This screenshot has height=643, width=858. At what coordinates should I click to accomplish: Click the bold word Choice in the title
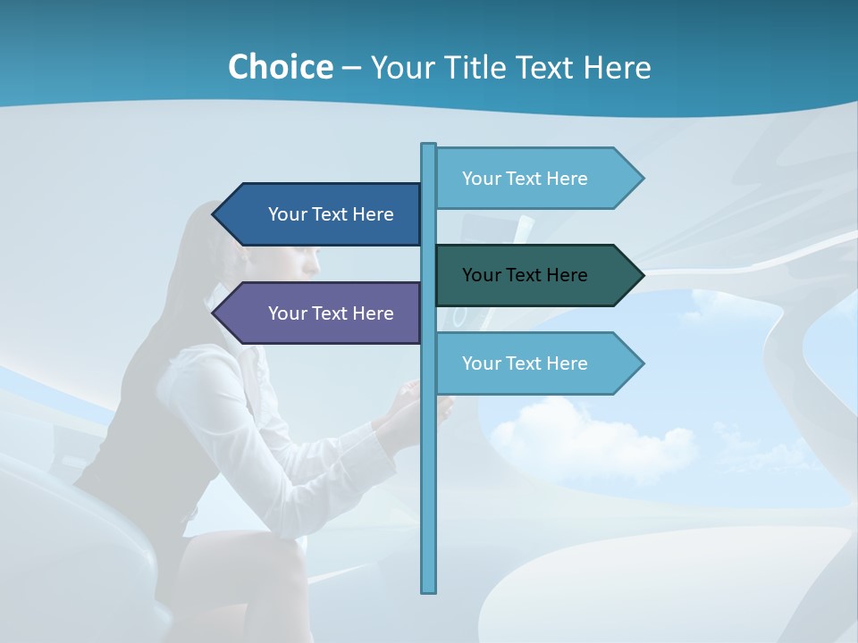pyautogui.click(x=280, y=67)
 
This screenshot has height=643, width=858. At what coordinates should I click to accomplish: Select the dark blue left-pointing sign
pyautogui.click(x=322, y=214)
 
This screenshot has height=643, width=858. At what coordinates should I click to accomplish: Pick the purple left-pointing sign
pyautogui.click(x=322, y=313)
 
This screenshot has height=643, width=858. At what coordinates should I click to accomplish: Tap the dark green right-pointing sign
pyautogui.click(x=532, y=275)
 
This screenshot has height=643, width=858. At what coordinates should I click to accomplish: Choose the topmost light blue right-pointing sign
pyautogui.click(x=532, y=179)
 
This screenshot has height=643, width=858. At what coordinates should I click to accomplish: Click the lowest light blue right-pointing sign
pyautogui.click(x=532, y=363)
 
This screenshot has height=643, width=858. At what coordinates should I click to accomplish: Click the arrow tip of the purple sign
pyautogui.click(x=219, y=313)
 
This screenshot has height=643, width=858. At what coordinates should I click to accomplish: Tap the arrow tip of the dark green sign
pyautogui.click(x=636, y=275)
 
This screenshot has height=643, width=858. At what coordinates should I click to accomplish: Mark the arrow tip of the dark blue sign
pyautogui.click(x=219, y=214)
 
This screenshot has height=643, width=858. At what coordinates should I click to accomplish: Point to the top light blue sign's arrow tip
pyautogui.click(x=636, y=179)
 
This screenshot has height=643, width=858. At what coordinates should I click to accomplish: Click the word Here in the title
pyautogui.click(x=617, y=67)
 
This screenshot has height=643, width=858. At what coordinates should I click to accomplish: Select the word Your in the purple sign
pyautogui.click(x=288, y=313)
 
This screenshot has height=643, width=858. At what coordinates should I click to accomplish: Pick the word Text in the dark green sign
pyautogui.click(x=525, y=275)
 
